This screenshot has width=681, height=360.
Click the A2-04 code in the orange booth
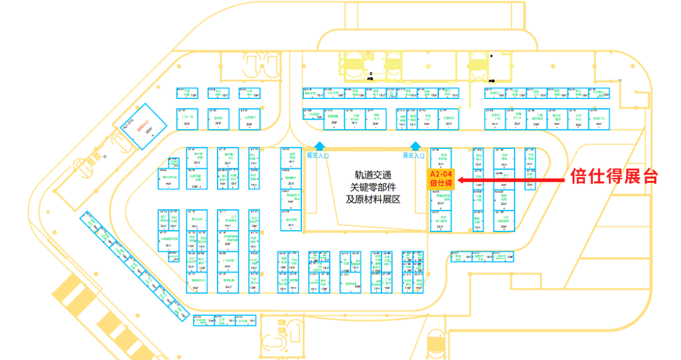(441, 173)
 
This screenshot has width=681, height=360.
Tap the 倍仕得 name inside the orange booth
(441, 183)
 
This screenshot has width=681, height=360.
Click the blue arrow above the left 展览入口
(320, 146)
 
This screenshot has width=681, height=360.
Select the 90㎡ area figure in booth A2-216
(150, 132)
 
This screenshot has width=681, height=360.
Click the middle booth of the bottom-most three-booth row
(224, 320)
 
